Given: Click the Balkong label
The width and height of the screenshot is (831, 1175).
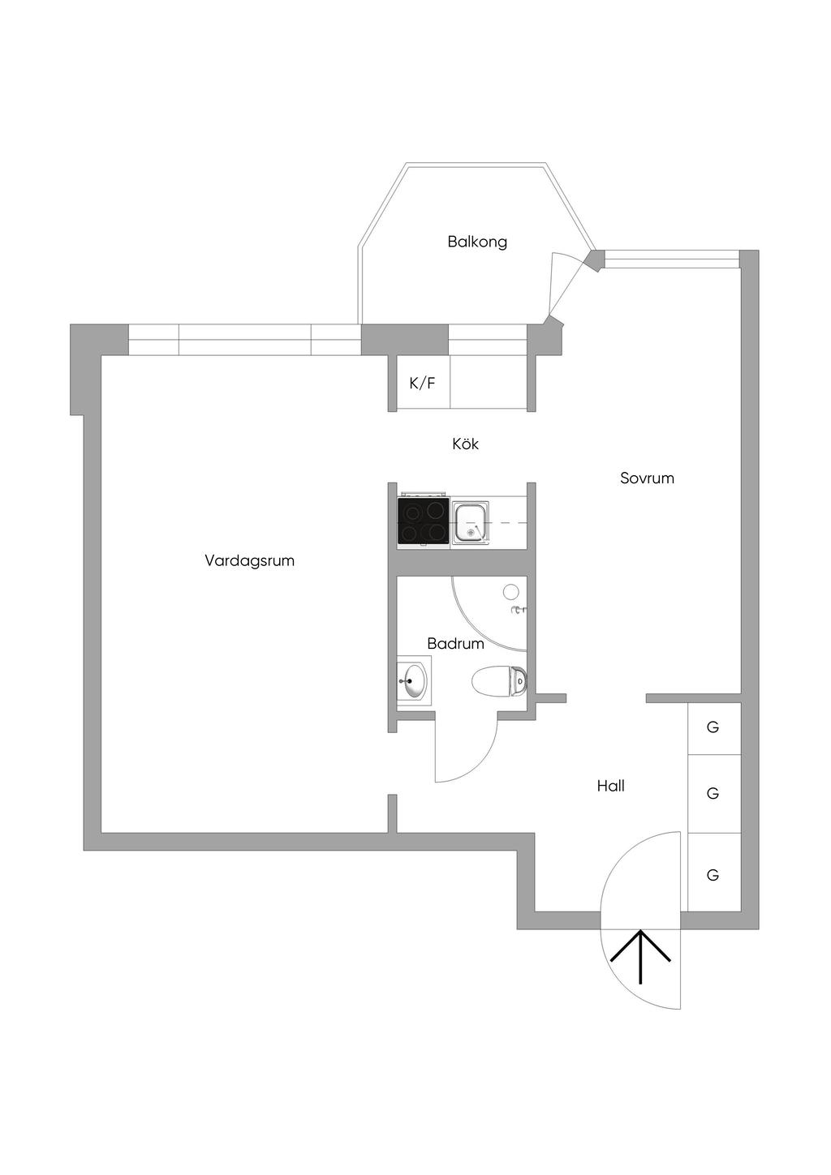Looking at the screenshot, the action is (x=477, y=242).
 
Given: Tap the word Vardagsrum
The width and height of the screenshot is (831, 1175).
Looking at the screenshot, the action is (x=249, y=560).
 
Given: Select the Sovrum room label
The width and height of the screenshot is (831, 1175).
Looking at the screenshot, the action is (x=647, y=478).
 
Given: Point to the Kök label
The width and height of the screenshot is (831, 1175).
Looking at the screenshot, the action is (x=466, y=444).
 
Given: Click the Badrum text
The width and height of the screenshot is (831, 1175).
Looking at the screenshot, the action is (x=455, y=644).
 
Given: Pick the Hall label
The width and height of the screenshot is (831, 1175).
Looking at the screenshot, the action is (x=610, y=786).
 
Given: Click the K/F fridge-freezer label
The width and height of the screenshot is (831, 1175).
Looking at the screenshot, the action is (x=422, y=383).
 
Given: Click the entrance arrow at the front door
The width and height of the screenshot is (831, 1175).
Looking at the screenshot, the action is (x=640, y=956).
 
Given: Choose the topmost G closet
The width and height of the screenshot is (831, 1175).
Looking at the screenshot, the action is (x=713, y=727).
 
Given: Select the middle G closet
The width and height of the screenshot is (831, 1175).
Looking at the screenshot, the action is (x=713, y=793).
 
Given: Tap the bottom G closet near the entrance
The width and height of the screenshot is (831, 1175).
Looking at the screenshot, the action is (x=713, y=875).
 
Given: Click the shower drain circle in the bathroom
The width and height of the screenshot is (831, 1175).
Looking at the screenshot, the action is (x=511, y=591).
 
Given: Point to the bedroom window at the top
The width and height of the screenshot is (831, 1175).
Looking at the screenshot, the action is (x=671, y=259).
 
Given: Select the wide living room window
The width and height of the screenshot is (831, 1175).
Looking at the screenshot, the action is (x=244, y=341).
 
